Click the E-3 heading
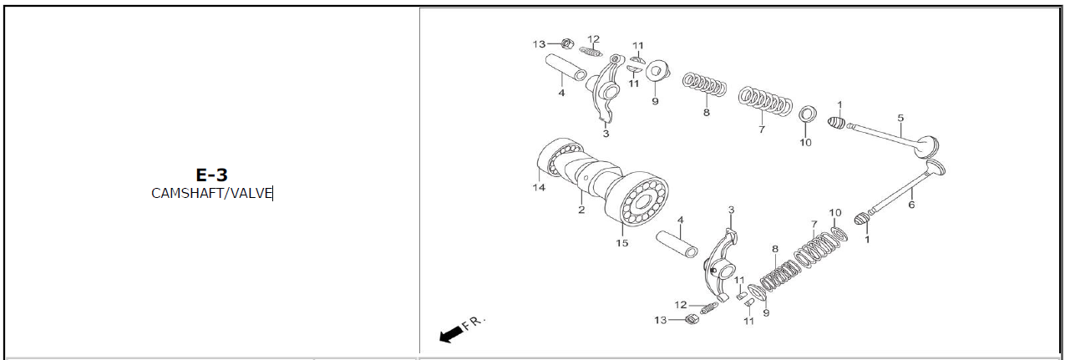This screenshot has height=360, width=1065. [211, 175]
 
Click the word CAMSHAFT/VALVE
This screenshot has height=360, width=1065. [211, 194]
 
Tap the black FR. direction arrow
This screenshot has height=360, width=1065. [451, 334]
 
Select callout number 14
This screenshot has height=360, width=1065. [539, 188]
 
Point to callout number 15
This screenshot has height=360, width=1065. [622, 243]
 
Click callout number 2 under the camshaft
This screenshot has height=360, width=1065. [581, 210]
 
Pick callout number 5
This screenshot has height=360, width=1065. [900, 118]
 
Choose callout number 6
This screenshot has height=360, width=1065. [911, 205]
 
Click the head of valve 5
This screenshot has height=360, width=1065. [927, 145]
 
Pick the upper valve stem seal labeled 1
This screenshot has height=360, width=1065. [837, 123]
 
